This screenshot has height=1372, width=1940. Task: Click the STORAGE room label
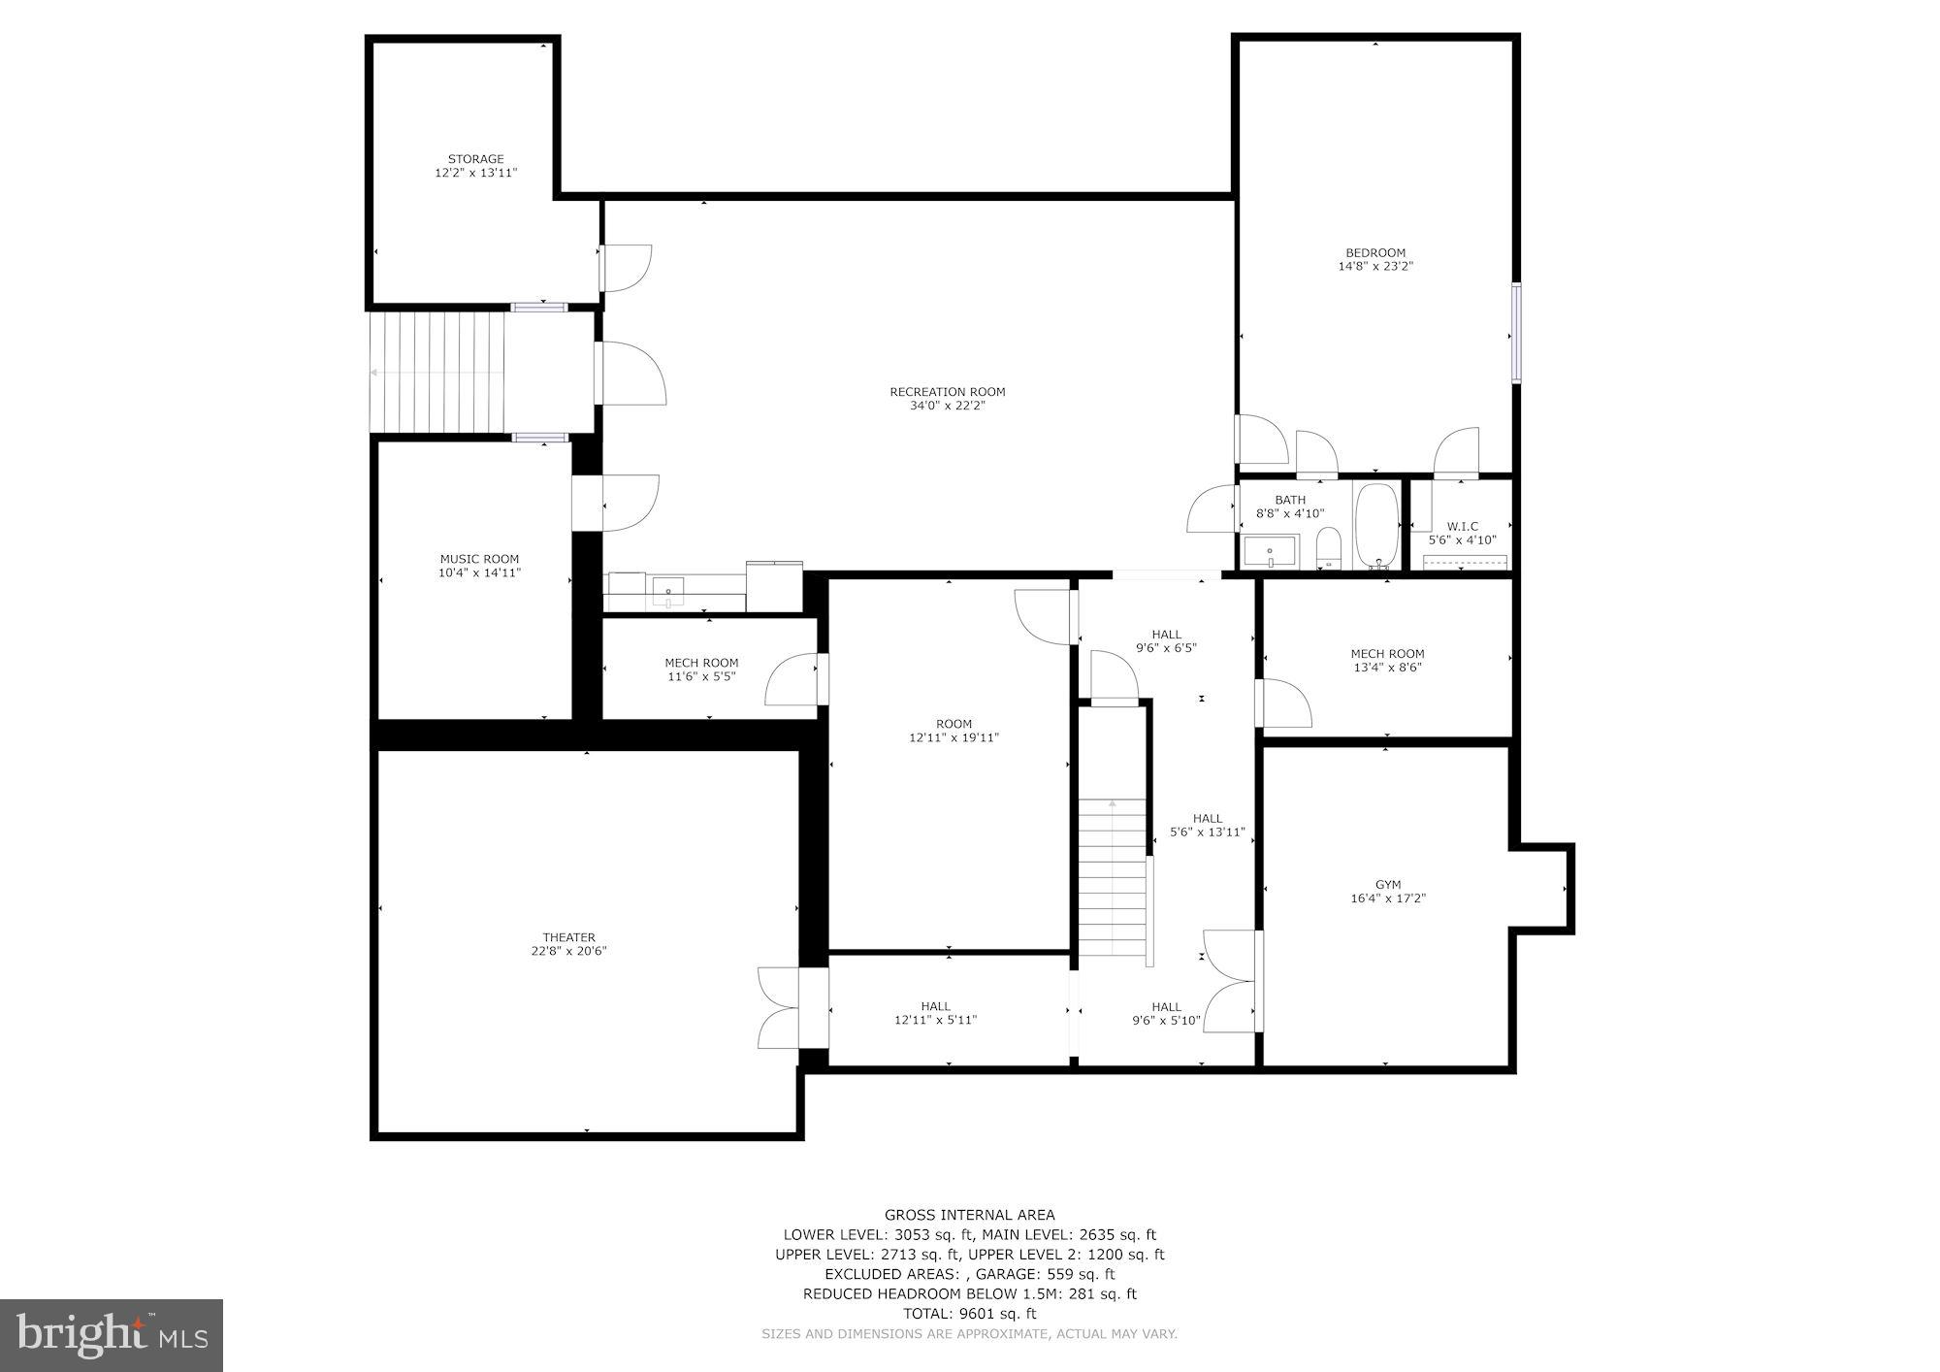coord(475,159)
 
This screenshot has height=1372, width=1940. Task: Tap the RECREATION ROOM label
coord(947,392)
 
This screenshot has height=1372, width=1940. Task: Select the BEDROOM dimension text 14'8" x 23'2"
coord(1375,266)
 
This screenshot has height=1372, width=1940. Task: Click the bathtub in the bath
coord(1375,525)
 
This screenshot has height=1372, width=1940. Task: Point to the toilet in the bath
coord(1328,549)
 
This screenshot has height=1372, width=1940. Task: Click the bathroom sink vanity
coord(1270,552)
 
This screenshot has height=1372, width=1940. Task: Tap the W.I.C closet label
coord(1462,527)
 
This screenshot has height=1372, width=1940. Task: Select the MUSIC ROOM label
coord(479,559)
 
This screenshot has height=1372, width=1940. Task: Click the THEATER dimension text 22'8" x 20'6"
coord(568,951)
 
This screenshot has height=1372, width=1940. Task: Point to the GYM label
coord(1387,885)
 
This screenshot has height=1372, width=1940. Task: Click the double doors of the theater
coord(781,1008)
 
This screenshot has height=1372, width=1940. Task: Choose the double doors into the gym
coord(1232,980)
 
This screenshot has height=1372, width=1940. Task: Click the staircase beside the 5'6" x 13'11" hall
coord(1114,878)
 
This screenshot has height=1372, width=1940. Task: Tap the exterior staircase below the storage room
coord(438,372)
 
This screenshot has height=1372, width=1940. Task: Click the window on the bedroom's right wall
coord(1515,332)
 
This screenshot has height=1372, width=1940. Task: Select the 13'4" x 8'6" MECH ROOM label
coord(1387,654)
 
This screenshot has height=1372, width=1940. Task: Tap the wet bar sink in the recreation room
coord(668,590)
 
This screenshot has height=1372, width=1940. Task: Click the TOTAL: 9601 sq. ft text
coord(969,1314)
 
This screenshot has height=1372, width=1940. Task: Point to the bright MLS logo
coord(112,1335)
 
